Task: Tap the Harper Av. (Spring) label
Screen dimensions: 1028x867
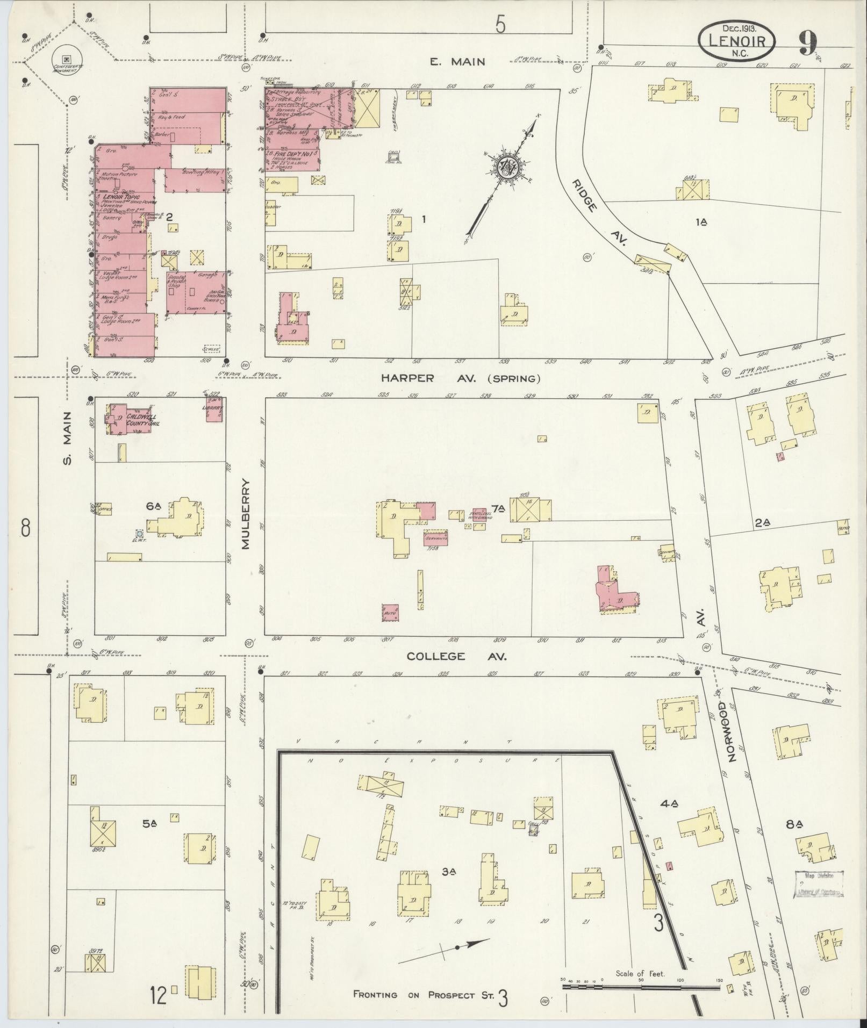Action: [x=460, y=378]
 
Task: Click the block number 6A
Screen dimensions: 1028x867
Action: [x=153, y=506]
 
